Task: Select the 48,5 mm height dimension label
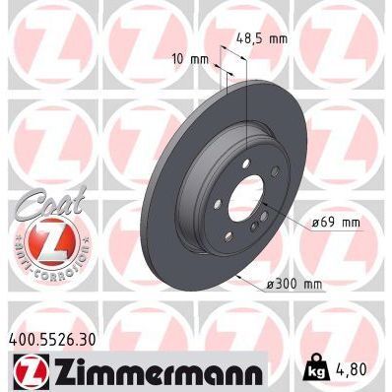(x=261, y=39)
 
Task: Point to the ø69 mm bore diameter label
(x=335, y=223)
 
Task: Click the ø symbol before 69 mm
(x=316, y=223)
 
